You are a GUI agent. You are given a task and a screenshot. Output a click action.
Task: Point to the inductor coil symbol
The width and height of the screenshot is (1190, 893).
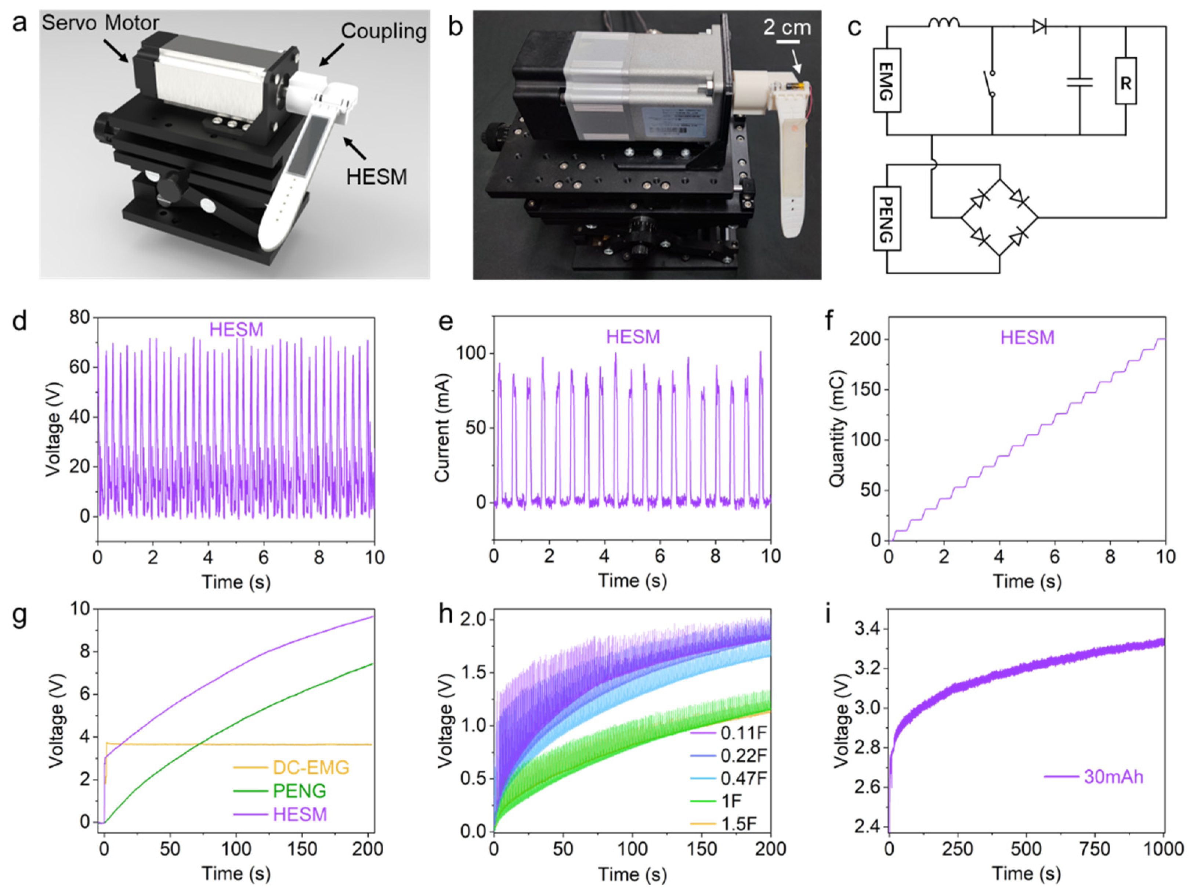click(x=944, y=23)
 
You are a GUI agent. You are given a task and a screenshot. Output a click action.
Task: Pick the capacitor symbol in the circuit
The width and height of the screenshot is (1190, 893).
click(x=1079, y=82)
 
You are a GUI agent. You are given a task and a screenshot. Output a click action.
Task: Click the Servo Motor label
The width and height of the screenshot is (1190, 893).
click(x=100, y=23)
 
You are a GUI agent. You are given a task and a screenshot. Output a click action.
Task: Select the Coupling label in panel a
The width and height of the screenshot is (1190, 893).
click(x=384, y=31)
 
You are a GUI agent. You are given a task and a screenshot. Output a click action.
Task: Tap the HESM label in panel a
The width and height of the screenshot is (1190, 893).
click(x=377, y=177)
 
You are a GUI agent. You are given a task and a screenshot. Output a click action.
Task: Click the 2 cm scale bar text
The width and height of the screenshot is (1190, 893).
click(x=787, y=27)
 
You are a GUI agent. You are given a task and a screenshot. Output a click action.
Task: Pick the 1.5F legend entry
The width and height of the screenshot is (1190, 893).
click(x=738, y=824)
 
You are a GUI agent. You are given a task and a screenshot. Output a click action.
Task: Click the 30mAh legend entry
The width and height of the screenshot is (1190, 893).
click(x=1113, y=777)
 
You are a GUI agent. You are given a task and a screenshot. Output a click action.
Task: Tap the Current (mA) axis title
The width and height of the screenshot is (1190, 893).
click(x=442, y=428)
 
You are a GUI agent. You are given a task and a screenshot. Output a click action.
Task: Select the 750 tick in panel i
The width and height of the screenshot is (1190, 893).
click(x=1095, y=849)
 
